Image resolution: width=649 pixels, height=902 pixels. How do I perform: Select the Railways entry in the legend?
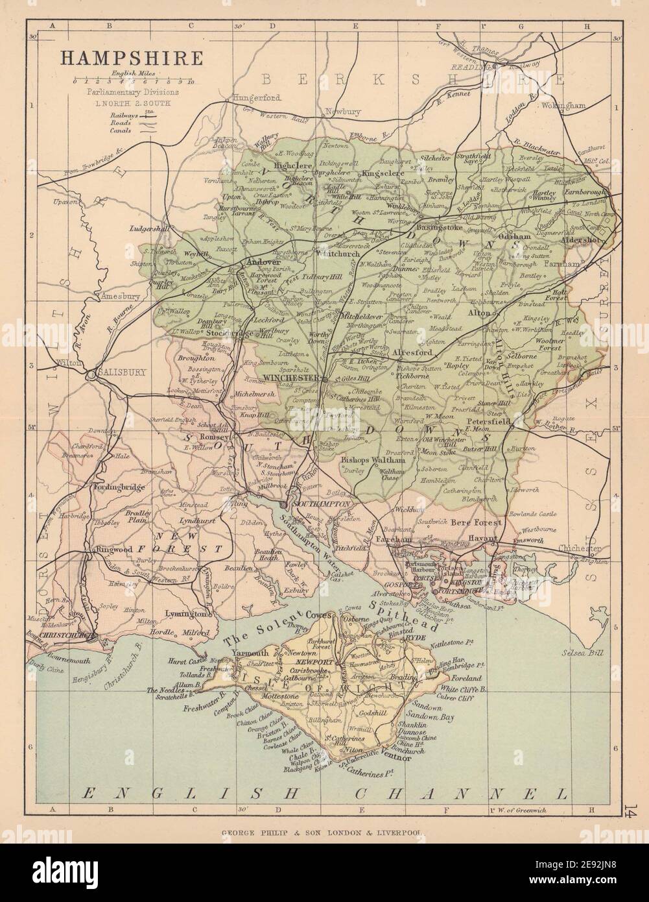125,113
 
